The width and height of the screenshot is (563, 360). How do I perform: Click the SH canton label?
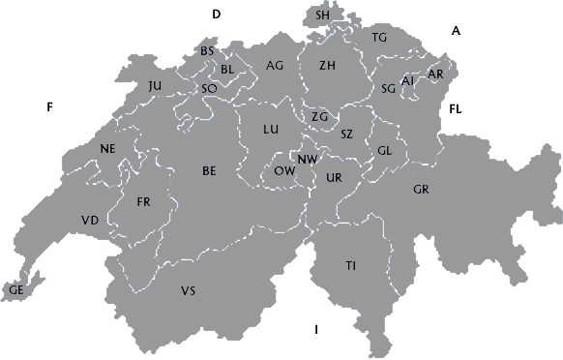(323, 15)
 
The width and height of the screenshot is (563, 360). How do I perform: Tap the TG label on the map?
(379, 37)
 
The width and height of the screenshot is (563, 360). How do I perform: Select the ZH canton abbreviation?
(327, 66)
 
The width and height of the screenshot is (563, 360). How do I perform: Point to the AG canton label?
(275, 66)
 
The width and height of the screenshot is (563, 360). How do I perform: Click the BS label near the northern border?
(207, 50)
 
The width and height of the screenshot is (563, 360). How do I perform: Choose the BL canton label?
(228, 69)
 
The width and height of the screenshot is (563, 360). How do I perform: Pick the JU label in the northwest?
(156, 86)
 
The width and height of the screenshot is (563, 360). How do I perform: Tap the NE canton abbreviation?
(107, 148)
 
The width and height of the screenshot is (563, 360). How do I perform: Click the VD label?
(90, 221)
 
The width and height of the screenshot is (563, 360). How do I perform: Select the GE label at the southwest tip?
(16, 289)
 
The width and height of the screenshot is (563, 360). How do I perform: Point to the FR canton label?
(144, 202)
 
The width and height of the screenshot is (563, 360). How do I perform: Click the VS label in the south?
(188, 290)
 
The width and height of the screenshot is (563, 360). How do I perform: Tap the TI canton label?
(351, 265)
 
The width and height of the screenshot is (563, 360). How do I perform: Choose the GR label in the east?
(421, 189)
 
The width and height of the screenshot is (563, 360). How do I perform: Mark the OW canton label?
(284, 169)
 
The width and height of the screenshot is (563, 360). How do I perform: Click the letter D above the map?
(217, 14)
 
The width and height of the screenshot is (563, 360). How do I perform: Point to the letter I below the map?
(316, 331)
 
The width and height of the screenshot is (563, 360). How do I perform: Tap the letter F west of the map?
(47, 106)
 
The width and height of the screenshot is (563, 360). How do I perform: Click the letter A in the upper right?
(456, 31)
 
